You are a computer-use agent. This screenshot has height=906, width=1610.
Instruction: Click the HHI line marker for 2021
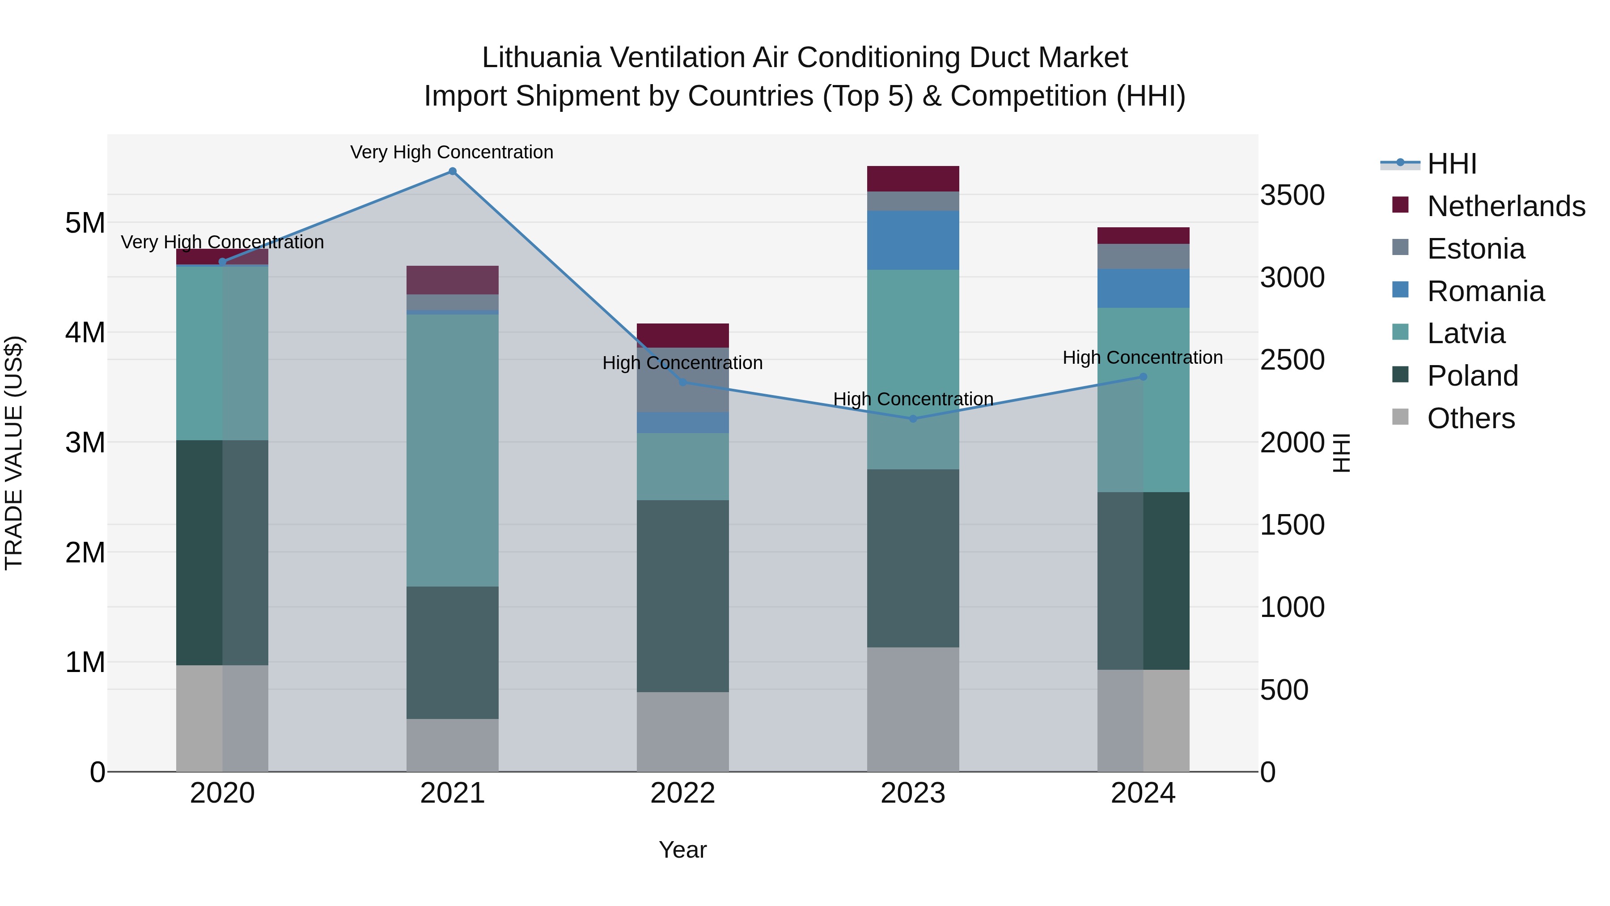(453, 171)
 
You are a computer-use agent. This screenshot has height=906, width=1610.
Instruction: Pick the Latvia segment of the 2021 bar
(453, 450)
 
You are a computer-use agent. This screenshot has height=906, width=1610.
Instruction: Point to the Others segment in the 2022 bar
(682, 732)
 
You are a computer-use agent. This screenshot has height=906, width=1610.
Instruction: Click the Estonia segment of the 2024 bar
(1143, 256)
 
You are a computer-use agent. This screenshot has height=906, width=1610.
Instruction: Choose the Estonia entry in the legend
(1476, 249)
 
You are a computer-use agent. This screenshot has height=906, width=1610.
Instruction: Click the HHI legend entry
(1452, 164)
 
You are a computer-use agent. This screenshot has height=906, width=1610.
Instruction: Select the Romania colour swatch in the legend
(1401, 290)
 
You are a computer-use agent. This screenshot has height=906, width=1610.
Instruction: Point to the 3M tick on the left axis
(85, 442)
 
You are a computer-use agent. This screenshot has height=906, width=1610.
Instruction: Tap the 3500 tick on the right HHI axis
(1292, 195)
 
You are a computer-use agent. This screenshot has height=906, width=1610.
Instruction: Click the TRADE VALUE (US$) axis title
(14, 453)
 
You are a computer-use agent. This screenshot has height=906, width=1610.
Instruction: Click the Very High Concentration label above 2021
(451, 153)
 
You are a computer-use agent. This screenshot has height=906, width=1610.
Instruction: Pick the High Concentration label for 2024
(1143, 357)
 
